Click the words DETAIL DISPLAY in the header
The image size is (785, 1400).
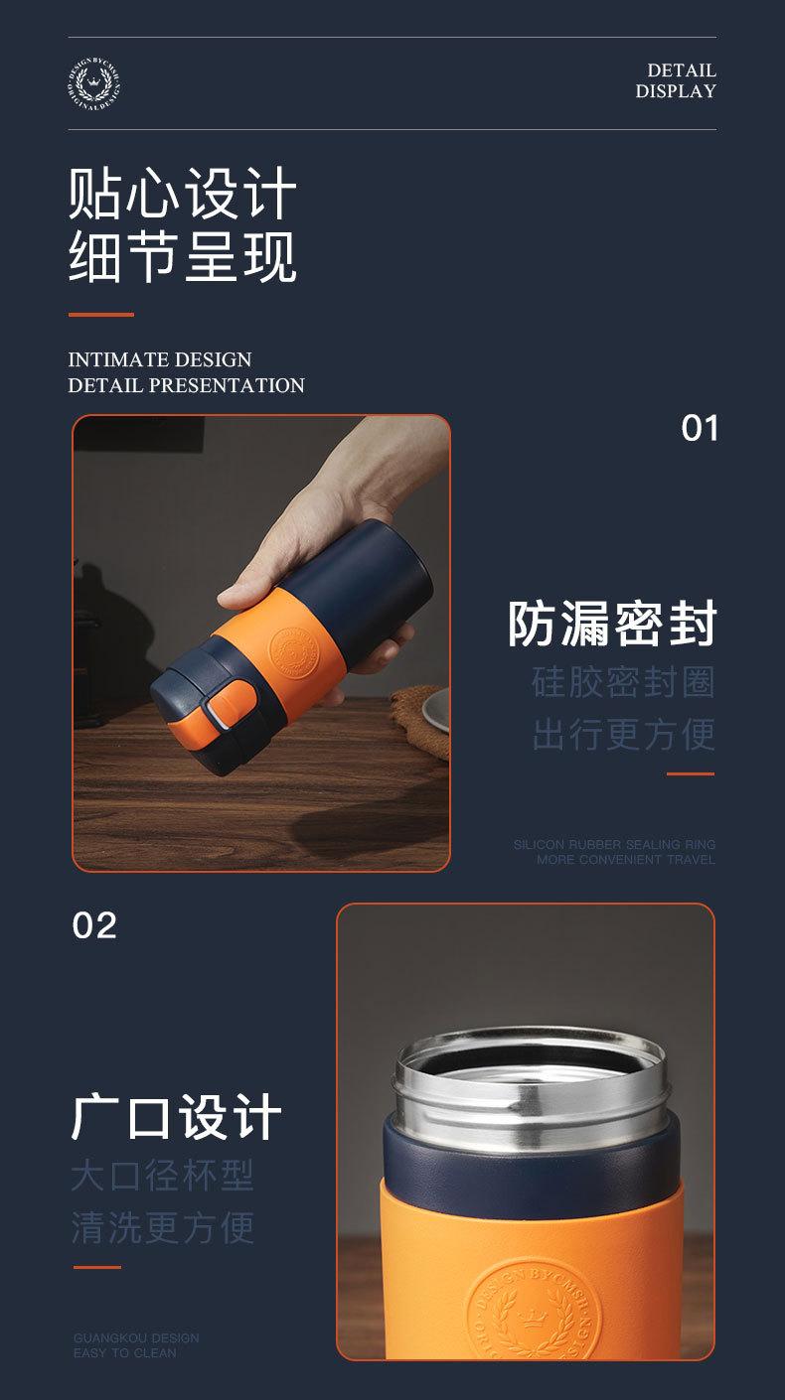[676, 80]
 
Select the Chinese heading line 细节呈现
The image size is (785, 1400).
[183, 255]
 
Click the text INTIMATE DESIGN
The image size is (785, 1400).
[160, 359]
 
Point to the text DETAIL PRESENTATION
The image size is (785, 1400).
[186, 385]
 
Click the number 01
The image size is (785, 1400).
[700, 428]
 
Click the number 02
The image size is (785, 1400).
[94, 925]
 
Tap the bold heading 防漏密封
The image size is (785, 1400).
[612, 624]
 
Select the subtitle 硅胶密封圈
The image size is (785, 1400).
[623, 682]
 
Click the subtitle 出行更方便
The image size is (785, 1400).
[623, 734]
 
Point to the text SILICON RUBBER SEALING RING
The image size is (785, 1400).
[614, 845]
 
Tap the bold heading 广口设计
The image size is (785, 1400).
[177, 1117]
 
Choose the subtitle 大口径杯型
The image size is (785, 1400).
[163, 1176]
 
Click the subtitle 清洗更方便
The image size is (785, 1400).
[163, 1226]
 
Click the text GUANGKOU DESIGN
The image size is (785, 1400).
[136, 1338]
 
